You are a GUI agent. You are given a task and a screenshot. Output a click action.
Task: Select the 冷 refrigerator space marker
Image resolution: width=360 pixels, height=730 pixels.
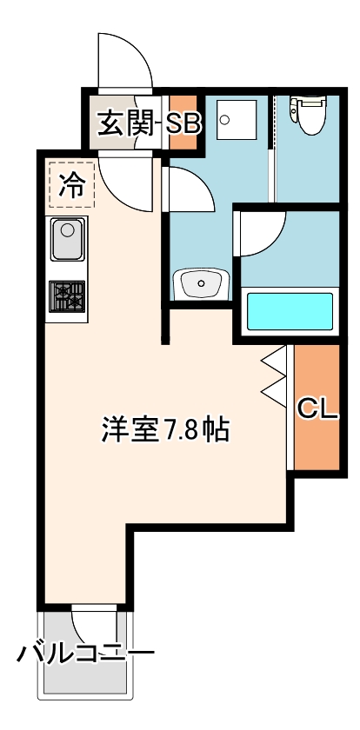[70, 183]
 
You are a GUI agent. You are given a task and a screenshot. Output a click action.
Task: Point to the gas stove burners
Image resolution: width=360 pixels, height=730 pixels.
[68, 297]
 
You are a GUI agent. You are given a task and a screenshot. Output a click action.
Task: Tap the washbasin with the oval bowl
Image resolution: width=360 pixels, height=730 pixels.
[201, 283]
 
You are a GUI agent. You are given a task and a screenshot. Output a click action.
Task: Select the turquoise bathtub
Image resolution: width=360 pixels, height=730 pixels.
[290, 311]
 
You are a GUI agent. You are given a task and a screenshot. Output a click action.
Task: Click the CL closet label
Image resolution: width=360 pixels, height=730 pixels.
[317, 408]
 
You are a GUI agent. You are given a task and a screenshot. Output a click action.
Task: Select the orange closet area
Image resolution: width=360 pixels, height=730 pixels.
[316, 435]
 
